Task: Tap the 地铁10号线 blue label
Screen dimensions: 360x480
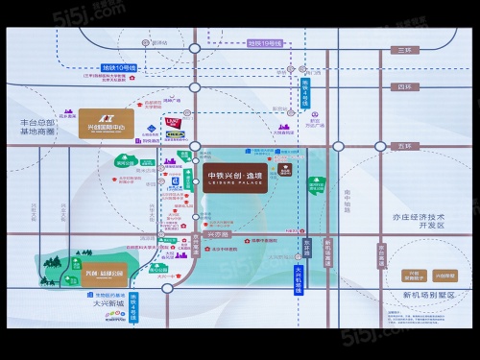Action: coord(119,67)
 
